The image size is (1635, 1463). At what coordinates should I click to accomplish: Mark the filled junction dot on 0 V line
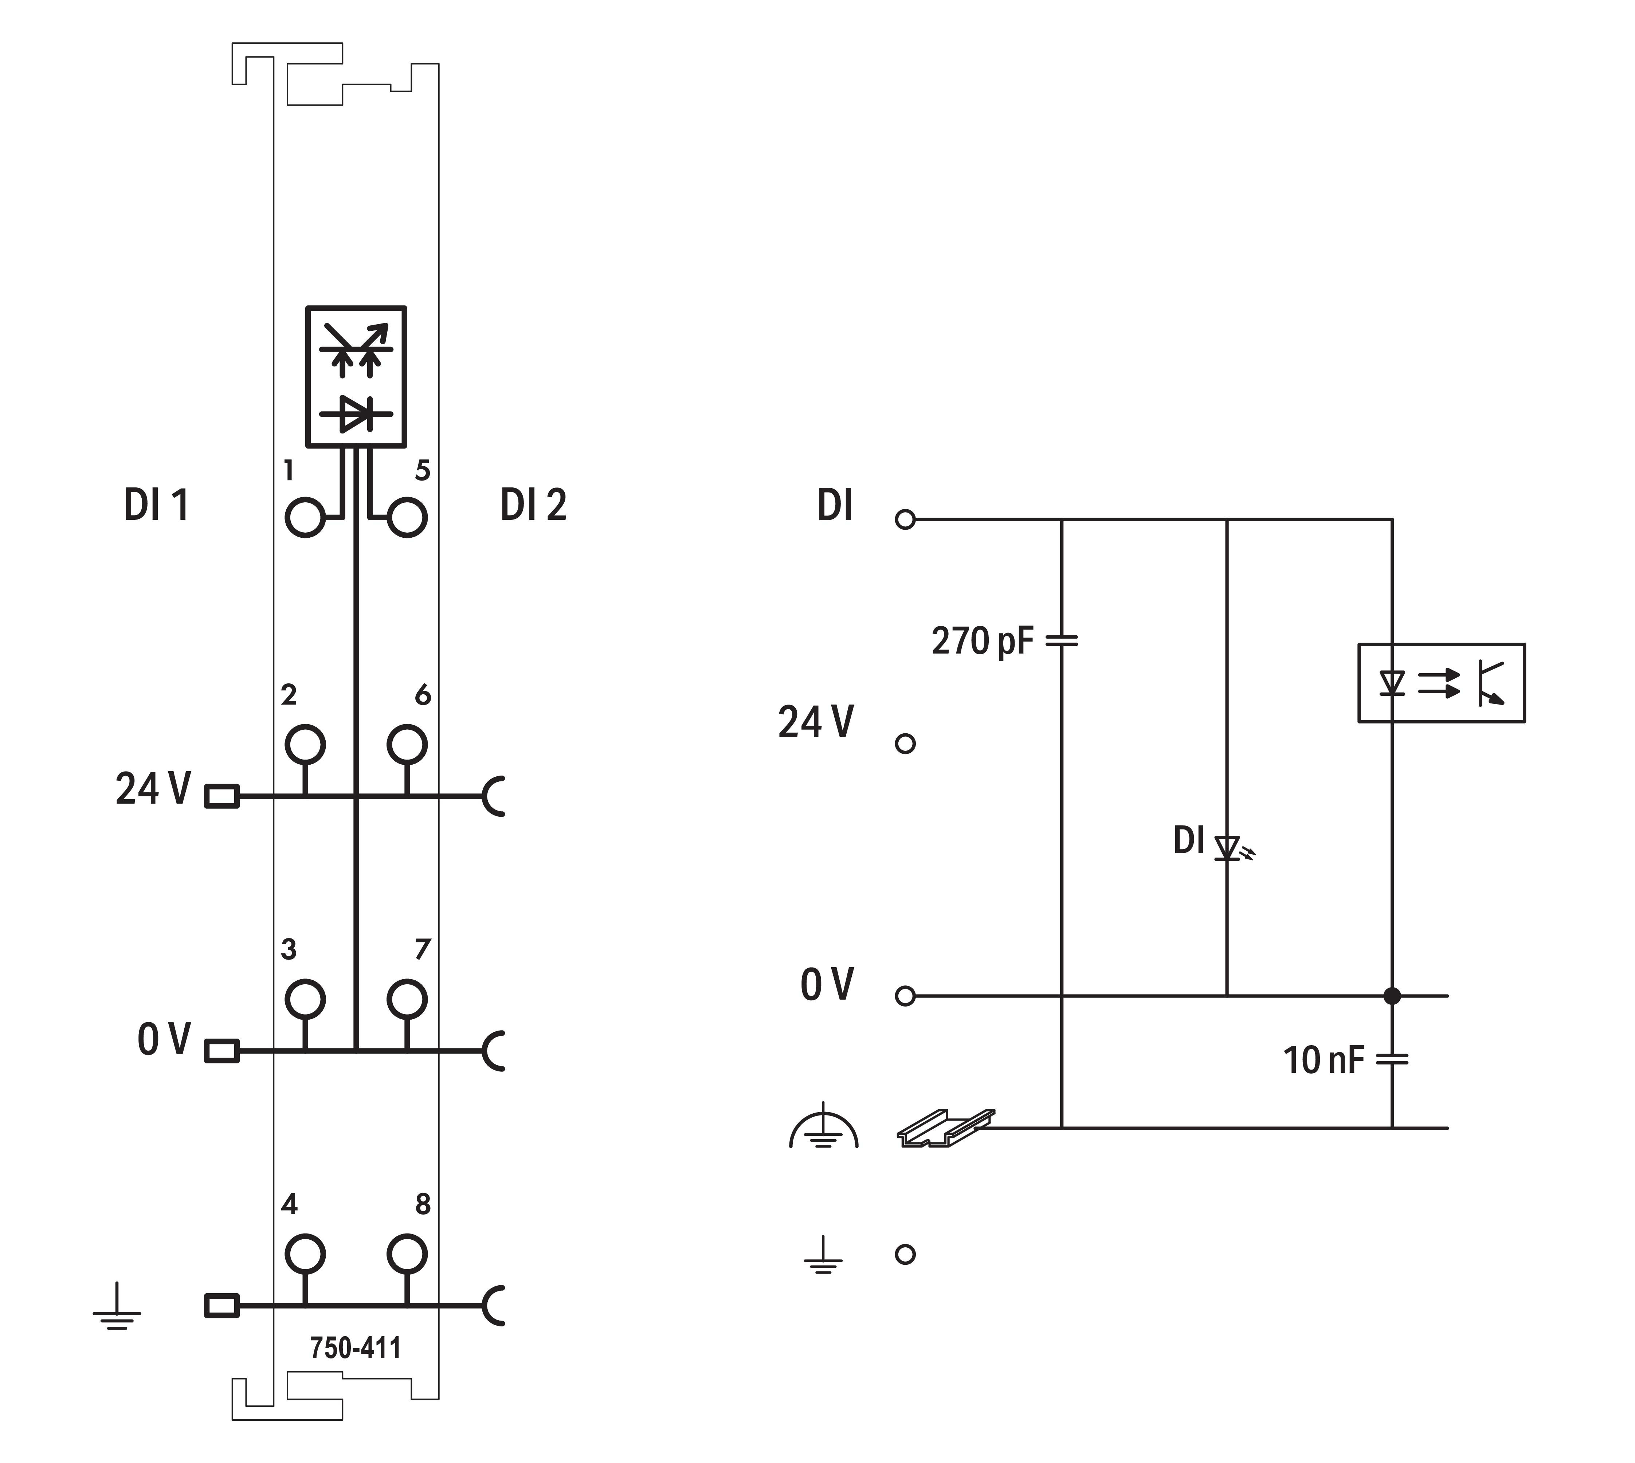pyautogui.click(x=1392, y=996)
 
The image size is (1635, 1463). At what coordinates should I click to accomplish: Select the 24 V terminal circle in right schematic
pyautogui.click(x=905, y=744)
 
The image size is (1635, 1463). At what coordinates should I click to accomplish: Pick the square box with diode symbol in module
pyautogui.click(x=356, y=376)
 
